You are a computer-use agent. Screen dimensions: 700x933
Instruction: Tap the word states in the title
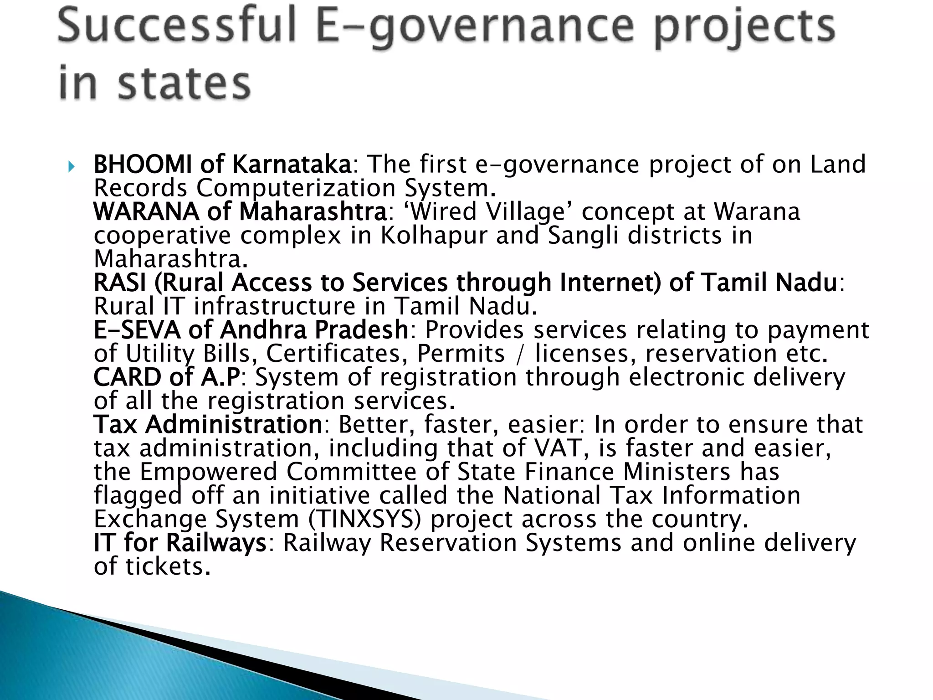coord(185,85)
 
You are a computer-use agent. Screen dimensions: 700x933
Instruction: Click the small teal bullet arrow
coord(71,167)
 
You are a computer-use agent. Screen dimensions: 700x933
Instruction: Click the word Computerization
coord(296,188)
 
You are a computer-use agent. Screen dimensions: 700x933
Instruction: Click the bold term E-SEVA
coord(136,330)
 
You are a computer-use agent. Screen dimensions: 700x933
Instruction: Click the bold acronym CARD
coord(127,378)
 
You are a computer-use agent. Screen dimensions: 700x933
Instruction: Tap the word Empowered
coord(208,473)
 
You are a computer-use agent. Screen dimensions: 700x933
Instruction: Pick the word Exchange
coord(150,520)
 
